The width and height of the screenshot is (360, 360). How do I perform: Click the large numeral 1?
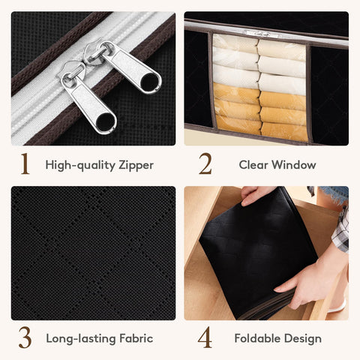25,163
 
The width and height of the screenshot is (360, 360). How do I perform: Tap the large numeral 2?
205,163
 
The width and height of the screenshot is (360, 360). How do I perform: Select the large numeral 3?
25,337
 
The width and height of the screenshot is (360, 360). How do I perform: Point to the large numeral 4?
205,337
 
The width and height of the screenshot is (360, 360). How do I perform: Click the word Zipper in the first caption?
136,166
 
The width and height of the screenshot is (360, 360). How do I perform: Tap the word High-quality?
80,166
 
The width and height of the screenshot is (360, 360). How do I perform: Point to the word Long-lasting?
80,339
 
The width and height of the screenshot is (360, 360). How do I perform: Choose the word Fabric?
136,338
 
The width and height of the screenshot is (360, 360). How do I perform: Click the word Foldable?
256,338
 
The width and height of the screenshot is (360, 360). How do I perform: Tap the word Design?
303,339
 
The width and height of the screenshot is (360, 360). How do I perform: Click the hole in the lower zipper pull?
106,121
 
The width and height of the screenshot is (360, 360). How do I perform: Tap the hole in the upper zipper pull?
149,82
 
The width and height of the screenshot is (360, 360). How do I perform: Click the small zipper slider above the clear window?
257,34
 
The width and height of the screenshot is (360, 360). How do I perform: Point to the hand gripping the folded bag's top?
255,196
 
